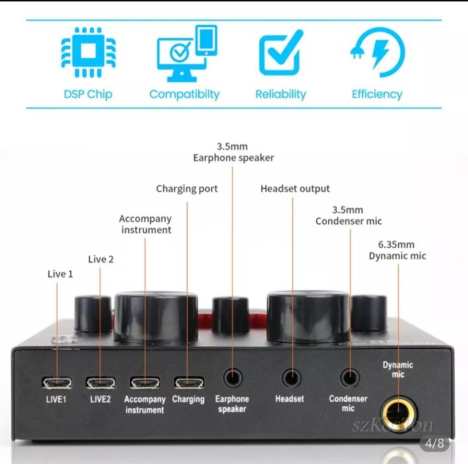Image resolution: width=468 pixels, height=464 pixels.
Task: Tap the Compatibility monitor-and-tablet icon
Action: (186, 52)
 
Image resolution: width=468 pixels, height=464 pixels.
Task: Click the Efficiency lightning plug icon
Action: (377, 52)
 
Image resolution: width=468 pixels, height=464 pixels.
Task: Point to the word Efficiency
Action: (377, 94)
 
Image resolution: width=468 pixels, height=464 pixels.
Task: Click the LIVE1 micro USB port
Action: (56, 382)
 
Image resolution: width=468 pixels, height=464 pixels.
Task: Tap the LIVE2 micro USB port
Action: (100, 382)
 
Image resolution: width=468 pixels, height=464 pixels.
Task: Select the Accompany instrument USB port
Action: (145, 382)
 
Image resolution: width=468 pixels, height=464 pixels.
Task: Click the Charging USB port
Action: (188, 382)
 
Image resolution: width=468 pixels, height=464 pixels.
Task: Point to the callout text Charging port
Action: (187, 189)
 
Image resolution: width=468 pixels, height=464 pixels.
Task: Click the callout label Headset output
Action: (295, 189)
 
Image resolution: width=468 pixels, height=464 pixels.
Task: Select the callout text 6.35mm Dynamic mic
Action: (398, 250)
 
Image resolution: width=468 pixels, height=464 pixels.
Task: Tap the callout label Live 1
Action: (60, 273)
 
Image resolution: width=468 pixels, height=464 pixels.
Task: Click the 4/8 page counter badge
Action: (435, 442)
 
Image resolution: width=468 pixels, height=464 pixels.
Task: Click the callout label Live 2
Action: (101, 259)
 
